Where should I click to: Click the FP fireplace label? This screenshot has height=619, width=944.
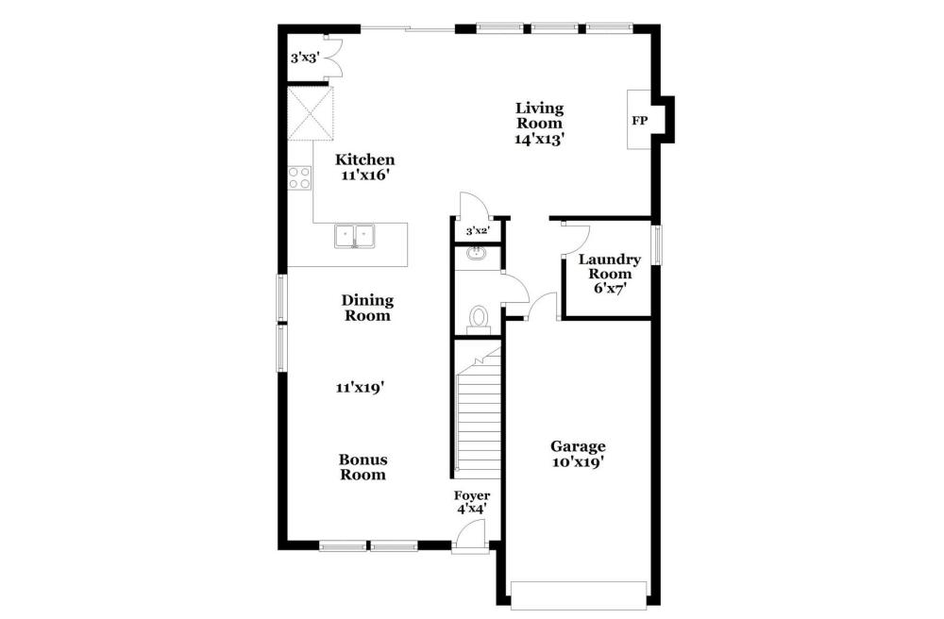tap(639, 121)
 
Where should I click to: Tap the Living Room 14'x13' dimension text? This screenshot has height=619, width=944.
tap(539, 139)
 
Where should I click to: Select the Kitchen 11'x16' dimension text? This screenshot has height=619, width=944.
tap(364, 176)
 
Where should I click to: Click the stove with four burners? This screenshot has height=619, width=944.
tap(299, 177)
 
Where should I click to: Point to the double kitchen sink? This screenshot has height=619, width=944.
tap(355, 236)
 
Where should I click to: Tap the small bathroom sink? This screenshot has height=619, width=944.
tap(478, 253)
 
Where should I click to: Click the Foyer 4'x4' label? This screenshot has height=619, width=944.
tap(472, 502)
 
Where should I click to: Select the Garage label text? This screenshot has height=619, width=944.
tap(578, 447)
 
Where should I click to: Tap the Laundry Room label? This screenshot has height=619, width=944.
tap(610, 266)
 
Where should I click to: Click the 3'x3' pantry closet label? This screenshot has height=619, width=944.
tap(305, 59)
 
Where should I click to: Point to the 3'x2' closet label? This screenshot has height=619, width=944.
tap(478, 231)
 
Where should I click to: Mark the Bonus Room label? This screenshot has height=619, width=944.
tap(363, 467)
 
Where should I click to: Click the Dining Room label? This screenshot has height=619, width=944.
tap(367, 308)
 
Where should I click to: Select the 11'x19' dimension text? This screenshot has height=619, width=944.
tap(360, 389)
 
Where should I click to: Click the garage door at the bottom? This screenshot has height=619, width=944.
tap(579, 595)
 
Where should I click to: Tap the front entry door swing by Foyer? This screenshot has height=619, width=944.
tap(469, 535)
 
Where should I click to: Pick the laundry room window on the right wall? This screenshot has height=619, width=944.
tap(657, 244)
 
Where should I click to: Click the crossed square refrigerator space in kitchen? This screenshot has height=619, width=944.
tap(310, 113)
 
